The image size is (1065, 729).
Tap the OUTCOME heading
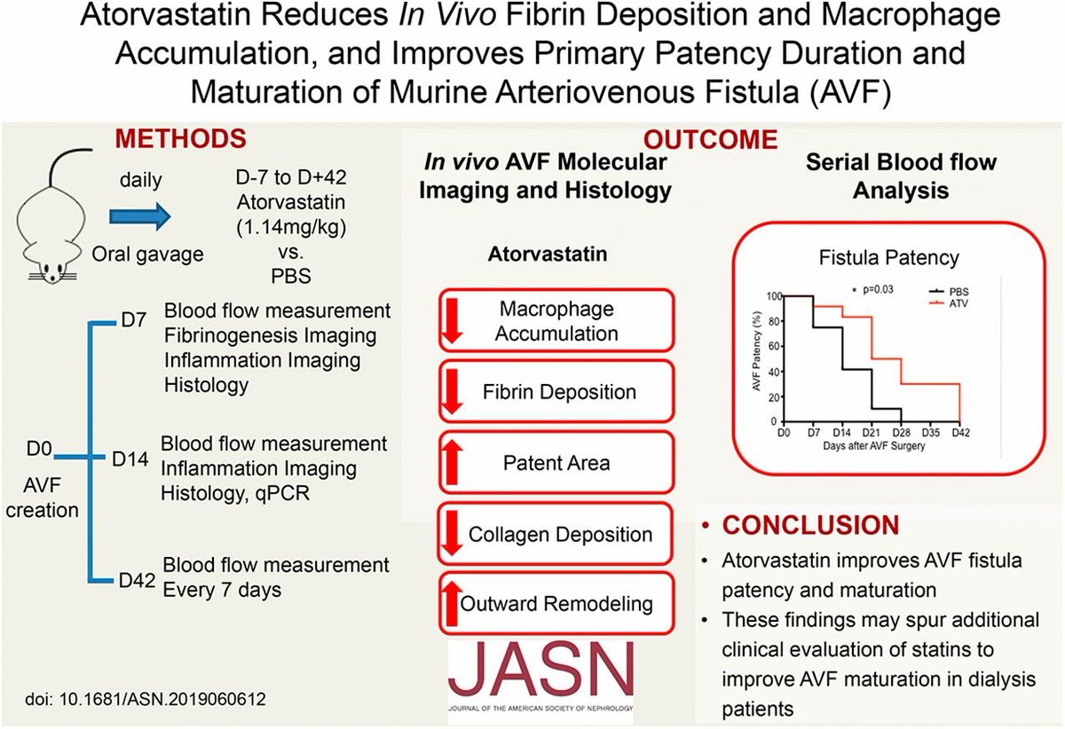coord(711,139)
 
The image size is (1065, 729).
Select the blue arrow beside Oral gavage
coord(138,214)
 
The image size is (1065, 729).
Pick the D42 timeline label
coord(138,582)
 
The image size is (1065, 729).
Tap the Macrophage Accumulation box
coord(557,321)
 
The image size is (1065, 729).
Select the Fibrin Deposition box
coord(557,392)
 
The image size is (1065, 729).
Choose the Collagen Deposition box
coord(557,535)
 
